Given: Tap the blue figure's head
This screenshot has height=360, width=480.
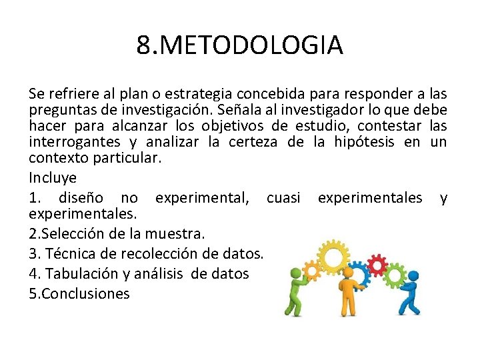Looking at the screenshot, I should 413,275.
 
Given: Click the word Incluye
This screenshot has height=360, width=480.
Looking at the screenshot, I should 53,178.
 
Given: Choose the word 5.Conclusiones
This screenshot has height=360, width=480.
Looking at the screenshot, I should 79,293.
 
